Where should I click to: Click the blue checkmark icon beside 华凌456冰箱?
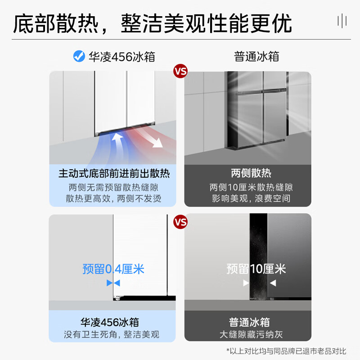tap(79, 57)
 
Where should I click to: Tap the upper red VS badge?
tap(180, 72)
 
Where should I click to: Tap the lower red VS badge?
tap(180, 222)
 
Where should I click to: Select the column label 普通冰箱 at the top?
tap(256, 57)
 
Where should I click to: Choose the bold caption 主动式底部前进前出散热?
tap(114, 173)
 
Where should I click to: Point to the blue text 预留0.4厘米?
tap(113, 269)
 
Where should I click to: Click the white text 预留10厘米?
tap(256, 269)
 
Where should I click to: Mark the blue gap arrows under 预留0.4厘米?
tap(113, 283)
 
